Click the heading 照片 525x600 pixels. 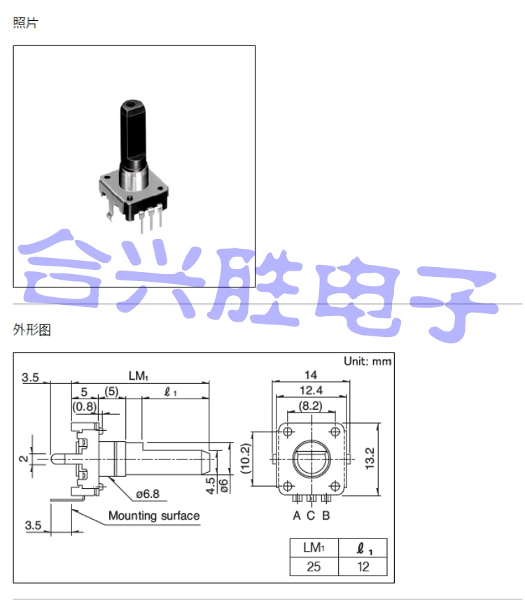click(25, 23)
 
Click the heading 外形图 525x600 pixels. click(31, 329)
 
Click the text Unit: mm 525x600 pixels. click(367, 362)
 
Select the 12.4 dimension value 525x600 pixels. click(310, 390)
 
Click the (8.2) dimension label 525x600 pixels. click(310, 405)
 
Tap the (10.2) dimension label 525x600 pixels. click(246, 458)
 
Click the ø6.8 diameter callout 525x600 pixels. click(149, 494)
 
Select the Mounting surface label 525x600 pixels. click(153, 516)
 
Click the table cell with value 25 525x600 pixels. click(314, 566)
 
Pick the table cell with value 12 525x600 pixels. click(363, 566)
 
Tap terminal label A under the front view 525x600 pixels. click(297, 516)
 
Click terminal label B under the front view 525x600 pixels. click(325, 516)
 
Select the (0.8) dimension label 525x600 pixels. click(84, 406)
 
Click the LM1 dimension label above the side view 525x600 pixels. click(138, 376)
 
